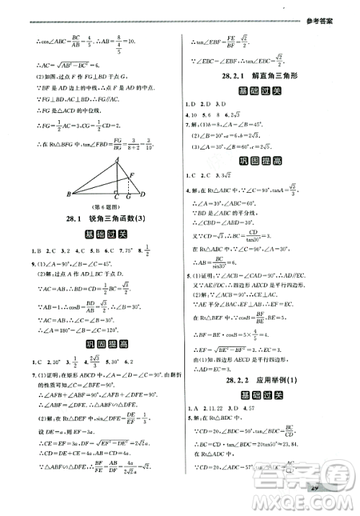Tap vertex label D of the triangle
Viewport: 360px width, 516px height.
[143, 194]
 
